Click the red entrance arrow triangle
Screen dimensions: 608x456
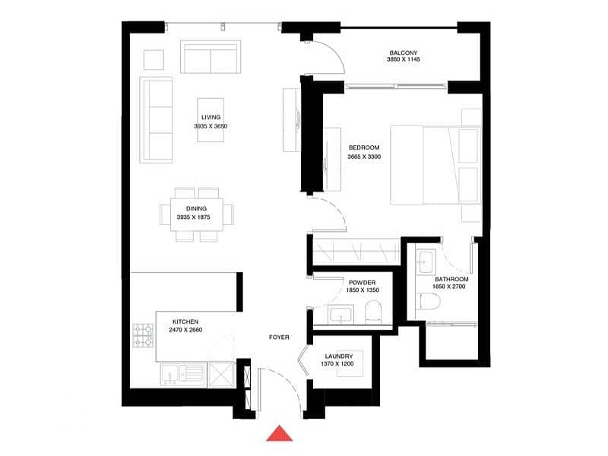click(279, 434)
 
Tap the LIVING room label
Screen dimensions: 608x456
click(211, 117)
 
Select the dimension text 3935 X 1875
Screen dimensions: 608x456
click(194, 217)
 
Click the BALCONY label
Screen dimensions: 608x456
click(404, 52)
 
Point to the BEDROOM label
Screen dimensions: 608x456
click(364, 147)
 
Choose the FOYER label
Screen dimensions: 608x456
click(279, 337)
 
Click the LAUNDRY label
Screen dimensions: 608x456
click(338, 356)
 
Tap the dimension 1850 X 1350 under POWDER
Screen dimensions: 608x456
click(363, 290)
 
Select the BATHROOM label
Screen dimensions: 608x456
click(451, 279)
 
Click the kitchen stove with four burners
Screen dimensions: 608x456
click(144, 335)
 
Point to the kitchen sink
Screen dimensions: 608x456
click(182, 375)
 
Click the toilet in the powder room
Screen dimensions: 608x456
click(374, 311)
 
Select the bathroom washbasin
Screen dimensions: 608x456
click(426, 261)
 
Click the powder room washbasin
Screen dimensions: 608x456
click(340, 314)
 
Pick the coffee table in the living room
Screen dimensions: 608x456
click(211, 120)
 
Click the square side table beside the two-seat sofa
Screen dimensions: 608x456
click(154, 60)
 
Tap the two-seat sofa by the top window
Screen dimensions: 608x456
click(211, 57)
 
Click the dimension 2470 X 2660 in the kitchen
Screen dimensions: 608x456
click(185, 330)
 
